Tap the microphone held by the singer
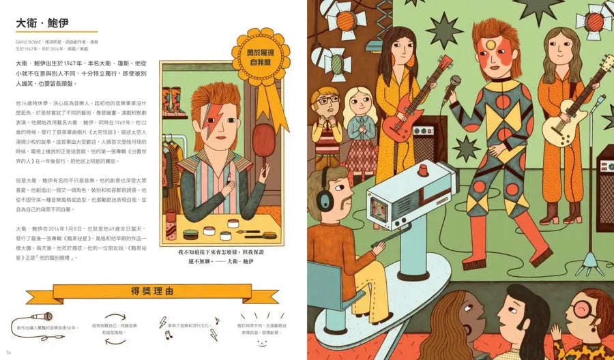click(454, 83)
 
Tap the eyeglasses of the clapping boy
click(328, 102)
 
